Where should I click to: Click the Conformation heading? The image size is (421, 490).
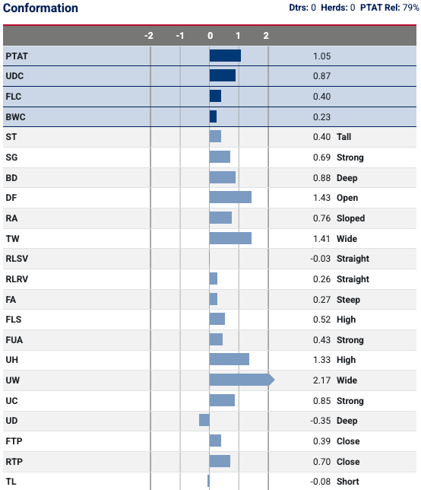(40, 8)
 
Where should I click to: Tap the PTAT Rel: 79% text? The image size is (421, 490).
(390, 8)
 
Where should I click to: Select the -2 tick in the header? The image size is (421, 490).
(149, 36)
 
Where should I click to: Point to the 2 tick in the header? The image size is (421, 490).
(266, 36)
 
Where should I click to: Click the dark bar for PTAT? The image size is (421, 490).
(225, 56)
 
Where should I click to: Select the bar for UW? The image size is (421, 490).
(242, 380)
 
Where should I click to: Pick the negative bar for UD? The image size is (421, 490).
(204, 420)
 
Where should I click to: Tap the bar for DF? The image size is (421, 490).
(230, 197)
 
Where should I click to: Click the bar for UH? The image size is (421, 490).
(229, 359)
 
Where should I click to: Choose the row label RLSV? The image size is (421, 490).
(17, 259)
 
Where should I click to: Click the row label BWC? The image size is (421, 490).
(16, 117)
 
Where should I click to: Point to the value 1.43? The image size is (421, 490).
(321, 198)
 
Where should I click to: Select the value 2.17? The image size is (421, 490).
(321, 380)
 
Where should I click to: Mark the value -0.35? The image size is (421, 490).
(320, 421)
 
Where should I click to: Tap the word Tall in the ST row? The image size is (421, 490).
(344, 137)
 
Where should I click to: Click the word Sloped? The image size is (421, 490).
(351, 218)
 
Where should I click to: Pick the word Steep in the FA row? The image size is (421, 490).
(348, 300)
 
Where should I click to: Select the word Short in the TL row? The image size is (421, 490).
(348, 482)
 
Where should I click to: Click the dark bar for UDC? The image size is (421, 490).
(223, 75)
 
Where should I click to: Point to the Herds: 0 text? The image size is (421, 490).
(338, 8)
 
